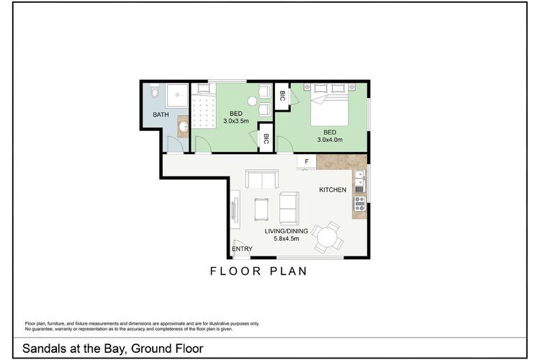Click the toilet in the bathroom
point(153,92)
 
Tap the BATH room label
point(161,114)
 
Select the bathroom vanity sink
point(183,127)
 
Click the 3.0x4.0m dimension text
point(330,140)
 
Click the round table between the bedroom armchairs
point(252,102)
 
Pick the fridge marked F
point(306,162)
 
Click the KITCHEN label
point(333,189)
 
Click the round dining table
point(330,236)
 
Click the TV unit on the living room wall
point(235,210)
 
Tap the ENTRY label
point(243,249)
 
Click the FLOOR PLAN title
point(258,271)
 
